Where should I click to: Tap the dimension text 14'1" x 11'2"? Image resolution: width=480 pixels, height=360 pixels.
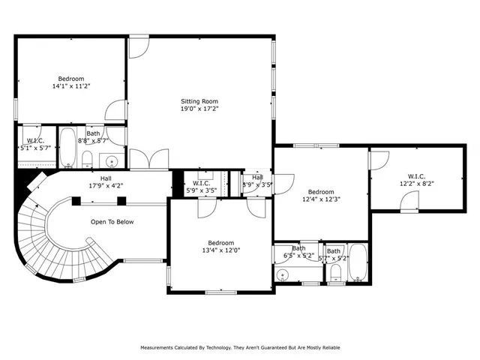tap(71, 86)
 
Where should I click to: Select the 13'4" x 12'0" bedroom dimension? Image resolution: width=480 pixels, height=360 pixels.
tap(220, 250)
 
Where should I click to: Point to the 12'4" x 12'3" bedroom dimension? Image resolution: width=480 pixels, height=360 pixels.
tap(320, 199)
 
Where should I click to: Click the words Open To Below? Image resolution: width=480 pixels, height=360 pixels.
tap(112, 222)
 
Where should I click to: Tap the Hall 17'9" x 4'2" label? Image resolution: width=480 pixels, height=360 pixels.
tap(106, 182)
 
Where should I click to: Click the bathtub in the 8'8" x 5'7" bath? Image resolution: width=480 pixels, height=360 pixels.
tap(68, 147)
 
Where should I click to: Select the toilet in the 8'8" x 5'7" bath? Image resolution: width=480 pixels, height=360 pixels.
tap(88, 158)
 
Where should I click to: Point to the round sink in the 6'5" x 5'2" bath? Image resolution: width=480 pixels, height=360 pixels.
tap(283, 275)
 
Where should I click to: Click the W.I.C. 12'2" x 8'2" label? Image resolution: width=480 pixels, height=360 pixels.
tap(416, 179)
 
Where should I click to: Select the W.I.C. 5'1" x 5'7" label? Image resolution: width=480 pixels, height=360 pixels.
tap(36, 145)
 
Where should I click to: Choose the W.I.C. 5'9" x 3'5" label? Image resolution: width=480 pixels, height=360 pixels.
tap(200, 186)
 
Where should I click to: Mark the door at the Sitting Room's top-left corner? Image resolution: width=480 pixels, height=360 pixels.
tap(138, 47)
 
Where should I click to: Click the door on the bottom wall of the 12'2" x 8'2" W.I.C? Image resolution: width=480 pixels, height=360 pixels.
tap(409, 200)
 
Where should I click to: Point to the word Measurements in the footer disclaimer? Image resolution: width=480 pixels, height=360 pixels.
tap(157, 348)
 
